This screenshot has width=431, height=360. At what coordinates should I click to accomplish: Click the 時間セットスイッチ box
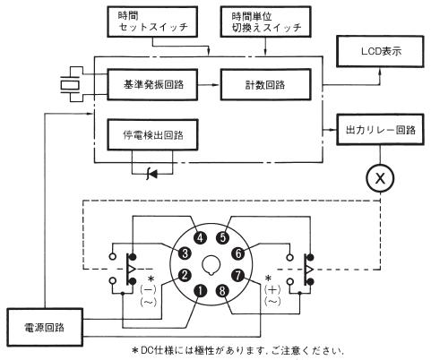point(152,21)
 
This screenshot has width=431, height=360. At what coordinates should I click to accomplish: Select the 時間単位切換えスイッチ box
point(265,21)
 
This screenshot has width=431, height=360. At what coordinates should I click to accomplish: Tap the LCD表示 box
point(380,51)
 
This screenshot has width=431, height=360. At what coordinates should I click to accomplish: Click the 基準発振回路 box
point(152,84)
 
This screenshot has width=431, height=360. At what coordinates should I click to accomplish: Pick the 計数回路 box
point(265,84)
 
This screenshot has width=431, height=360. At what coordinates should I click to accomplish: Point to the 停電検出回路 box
point(152,134)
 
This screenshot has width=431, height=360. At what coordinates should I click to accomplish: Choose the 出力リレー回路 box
point(380,130)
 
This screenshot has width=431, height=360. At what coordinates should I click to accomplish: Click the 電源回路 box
point(45,328)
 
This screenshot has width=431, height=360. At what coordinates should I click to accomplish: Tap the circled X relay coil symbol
point(380,178)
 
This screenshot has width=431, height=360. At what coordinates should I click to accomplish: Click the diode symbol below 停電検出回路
point(152,174)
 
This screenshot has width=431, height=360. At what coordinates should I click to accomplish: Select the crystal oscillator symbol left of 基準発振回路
point(70,85)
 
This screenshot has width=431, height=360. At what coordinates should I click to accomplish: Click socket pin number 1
point(200,291)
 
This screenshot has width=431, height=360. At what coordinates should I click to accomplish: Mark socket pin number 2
point(185,275)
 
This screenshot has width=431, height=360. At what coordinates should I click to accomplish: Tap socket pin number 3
point(185,253)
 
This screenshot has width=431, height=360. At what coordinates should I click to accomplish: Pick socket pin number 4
point(201,237)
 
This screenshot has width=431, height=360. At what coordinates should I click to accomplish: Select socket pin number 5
point(222,237)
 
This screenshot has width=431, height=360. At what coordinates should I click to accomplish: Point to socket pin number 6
point(238,253)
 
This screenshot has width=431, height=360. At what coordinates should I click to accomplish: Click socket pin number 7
point(238,275)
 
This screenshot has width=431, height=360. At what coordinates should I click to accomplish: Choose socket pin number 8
point(222,291)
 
